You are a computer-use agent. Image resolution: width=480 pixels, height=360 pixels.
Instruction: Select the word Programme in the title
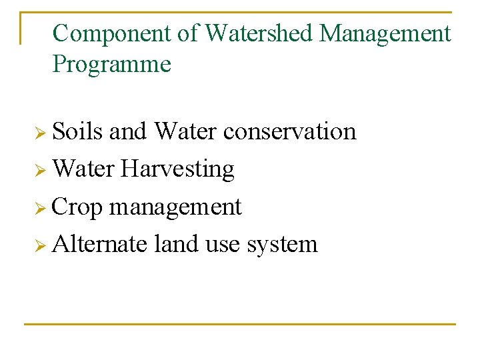pos(111,65)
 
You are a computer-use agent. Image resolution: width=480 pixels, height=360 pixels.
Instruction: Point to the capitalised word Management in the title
pos(385,33)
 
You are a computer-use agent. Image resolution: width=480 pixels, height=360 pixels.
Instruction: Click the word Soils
pos(77,131)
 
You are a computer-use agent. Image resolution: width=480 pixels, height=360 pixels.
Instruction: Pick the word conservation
pos(289,131)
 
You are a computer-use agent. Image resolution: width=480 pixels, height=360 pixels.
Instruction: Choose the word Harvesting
pos(177,169)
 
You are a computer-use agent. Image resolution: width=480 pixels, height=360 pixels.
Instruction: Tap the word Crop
pos(77,207)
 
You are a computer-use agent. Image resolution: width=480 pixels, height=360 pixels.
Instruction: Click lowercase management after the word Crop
pos(175,208)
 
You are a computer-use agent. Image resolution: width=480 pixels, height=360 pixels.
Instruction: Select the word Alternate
pos(99,244)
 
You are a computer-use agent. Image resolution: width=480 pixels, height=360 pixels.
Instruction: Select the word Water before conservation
pos(185,131)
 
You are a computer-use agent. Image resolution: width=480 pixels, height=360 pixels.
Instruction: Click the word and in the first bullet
pos(127,131)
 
